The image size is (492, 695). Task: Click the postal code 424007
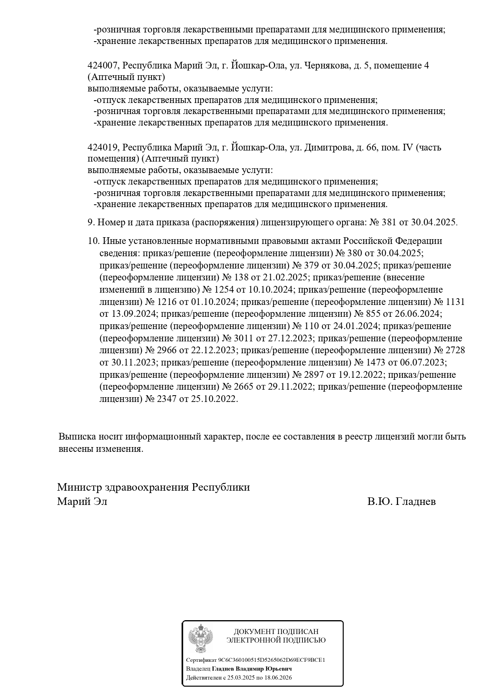pyautogui.click(x=102, y=66)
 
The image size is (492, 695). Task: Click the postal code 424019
pyautogui.click(x=102, y=148)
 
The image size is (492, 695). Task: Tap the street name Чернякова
pyautogui.click(x=324, y=66)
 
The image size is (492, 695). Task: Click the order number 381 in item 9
pyautogui.click(x=389, y=223)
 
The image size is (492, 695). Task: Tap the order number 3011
pyautogui.click(x=244, y=339)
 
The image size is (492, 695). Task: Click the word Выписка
pyautogui.click(x=77, y=437)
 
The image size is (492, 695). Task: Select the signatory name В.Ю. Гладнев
pyautogui.click(x=401, y=502)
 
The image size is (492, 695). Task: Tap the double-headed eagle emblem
pyautogui.click(x=200, y=639)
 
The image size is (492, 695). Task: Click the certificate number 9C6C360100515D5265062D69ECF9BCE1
pyautogui.click(x=272, y=660)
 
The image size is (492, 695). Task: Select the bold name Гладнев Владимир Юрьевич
pyautogui.click(x=252, y=669)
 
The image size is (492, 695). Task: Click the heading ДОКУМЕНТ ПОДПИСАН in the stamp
pyautogui.click(x=276, y=632)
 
